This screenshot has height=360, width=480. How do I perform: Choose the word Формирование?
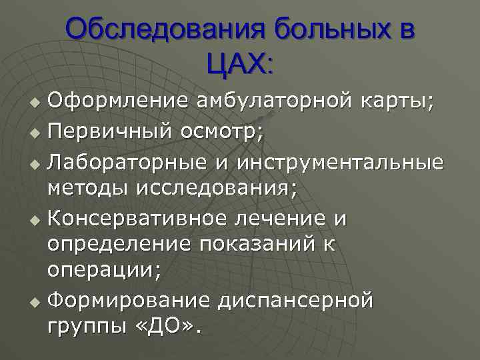click(x=129, y=301)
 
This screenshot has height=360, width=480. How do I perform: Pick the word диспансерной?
click(x=296, y=301)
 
